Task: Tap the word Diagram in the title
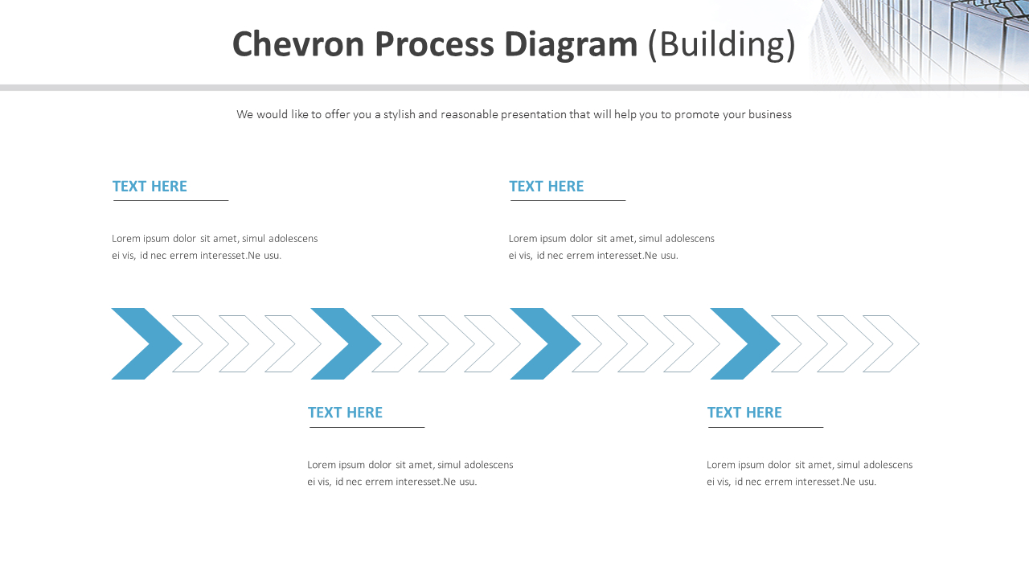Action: click(571, 44)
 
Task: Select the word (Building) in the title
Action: click(722, 44)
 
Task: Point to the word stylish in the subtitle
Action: click(399, 114)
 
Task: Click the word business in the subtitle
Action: click(770, 114)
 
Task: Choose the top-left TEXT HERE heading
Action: click(150, 187)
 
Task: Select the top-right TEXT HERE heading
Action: click(547, 187)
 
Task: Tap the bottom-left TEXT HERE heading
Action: click(345, 413)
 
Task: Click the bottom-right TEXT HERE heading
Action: click(744, 413)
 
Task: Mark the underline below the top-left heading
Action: click(171, 200)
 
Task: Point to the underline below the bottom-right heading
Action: click(765, 427)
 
